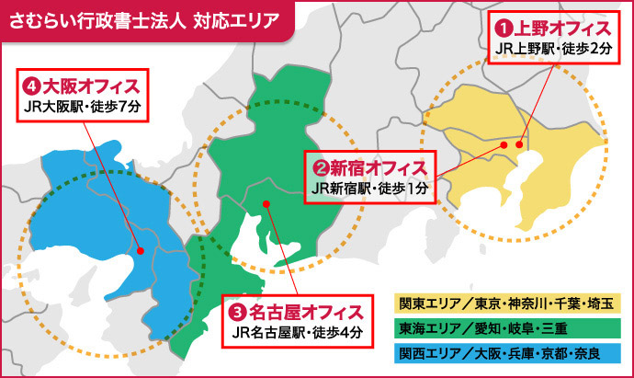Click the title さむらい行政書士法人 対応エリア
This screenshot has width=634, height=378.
tap(142, 20)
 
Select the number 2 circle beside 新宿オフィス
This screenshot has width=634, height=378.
tap(322, 168)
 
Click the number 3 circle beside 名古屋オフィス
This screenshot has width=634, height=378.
tap(236, 311)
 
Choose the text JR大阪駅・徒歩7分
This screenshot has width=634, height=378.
tap(84, 107)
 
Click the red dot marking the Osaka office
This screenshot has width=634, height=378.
tap(140, 249)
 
